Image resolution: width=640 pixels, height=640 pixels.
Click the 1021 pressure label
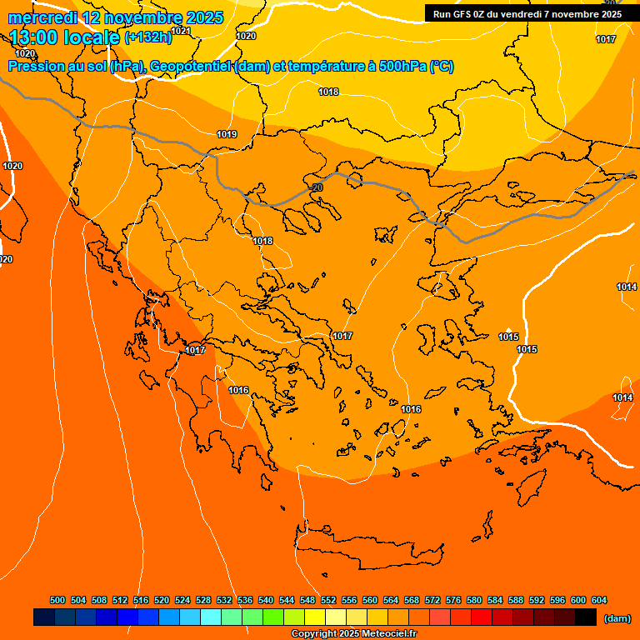tap(181, 32)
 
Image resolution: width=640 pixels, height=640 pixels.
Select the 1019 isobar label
tap(227, 134)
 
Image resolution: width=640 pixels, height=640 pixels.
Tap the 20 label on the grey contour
tap(317, 188)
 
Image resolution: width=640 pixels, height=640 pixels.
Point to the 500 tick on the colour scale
tap(57, 600)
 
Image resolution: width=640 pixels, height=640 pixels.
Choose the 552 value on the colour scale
tap(328, 600)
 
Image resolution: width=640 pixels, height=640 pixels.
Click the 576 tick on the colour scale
tap(453, 600)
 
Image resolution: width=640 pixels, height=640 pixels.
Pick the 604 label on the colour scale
tap(599, 600)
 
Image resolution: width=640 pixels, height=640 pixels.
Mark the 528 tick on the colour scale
tap(203, 600)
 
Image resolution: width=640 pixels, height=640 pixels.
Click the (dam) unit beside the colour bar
tap(617, 618)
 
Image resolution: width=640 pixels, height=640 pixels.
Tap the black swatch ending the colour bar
tap(586, 617)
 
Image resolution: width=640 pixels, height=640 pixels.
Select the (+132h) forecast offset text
tap(147, 37)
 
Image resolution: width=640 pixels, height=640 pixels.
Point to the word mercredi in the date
tap(42, 17)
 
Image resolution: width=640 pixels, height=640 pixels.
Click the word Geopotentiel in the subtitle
tap(188, 67)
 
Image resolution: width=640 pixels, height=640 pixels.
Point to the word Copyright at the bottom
tap(312, 634)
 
